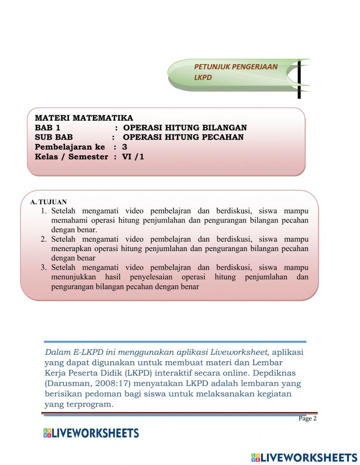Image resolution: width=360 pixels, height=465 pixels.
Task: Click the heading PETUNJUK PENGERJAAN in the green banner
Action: (x=236, y=67)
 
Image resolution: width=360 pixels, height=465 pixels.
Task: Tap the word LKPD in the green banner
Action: (x=203, y=77)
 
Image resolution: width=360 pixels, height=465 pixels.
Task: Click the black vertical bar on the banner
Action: (x=299, y=79)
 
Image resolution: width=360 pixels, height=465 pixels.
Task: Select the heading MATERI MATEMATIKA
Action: (x=84, y=118)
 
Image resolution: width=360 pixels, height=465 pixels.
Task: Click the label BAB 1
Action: (x=48, y=128)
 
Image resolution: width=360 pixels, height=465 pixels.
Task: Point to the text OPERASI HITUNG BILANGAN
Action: (x=185, y=128)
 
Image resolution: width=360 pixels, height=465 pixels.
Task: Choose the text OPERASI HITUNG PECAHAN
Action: (x=183, y=137)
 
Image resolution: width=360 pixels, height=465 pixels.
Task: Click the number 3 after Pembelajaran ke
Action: (x=125, y=147)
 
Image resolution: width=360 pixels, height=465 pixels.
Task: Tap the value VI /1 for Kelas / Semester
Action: (x=133, y=157)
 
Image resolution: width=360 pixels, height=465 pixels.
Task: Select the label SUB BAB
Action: (x=54, y=137)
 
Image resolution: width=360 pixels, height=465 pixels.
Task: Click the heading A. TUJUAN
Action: (x=49, y=202)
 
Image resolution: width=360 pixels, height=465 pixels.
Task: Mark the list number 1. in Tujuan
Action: (x=44, y=211)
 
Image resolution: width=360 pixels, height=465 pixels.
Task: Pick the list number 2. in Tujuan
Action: (x=44, y=239)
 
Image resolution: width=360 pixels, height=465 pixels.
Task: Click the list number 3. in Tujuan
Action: (x=44, y=267)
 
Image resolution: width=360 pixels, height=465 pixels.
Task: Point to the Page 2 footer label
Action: (x=307, y=419)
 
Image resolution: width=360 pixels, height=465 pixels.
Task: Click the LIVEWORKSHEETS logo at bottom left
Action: (x=91, y=433)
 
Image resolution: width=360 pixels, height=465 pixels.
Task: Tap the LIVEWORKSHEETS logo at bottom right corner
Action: (x=304, y=457)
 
